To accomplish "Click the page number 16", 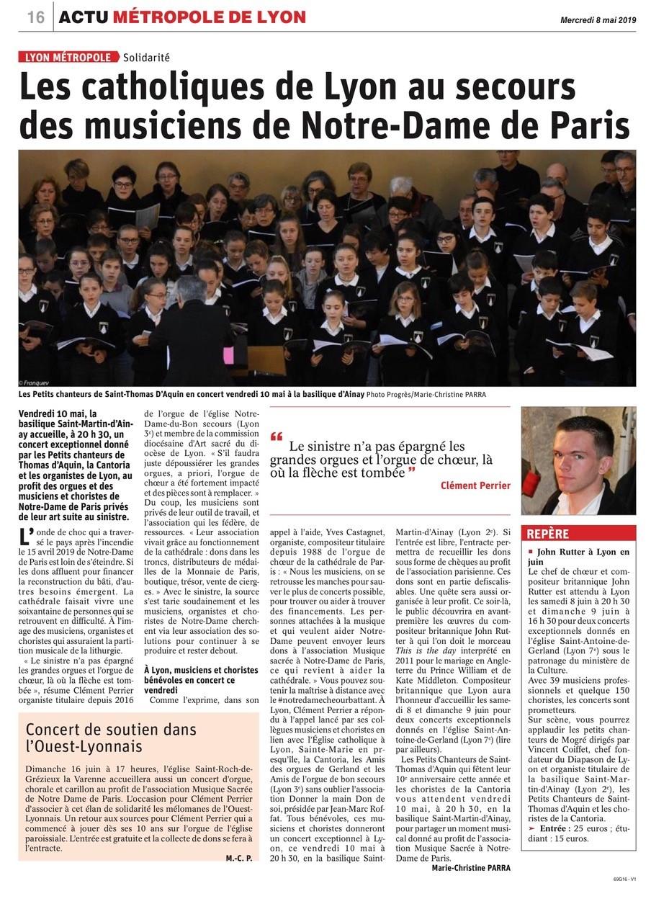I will pyautogui.click(x=36, y=17).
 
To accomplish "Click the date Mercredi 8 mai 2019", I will pyautogui.click(x=597, y=20).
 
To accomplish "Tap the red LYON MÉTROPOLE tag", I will pyautogui.click(x=68, y=58).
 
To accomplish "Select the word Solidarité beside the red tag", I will pyautogui.click(x=146, y=58).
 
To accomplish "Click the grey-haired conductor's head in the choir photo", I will pyautogui.click(x=189, y=289).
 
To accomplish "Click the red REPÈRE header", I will pyautogui.click(x=548, y=534).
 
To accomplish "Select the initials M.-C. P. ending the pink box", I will pyautogui.click(x=238, y=858).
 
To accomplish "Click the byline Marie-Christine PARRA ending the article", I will pyautogui.click(x=471, y=868).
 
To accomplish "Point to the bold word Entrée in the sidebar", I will pyautogui.click(x=552, y=828).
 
